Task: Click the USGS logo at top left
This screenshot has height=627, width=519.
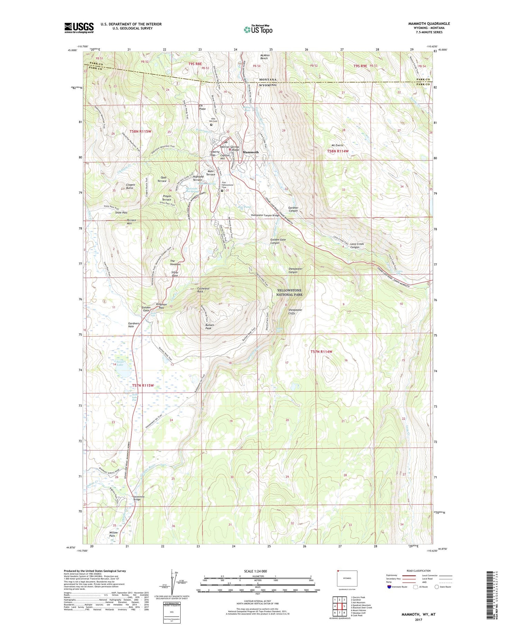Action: tap(79, 28)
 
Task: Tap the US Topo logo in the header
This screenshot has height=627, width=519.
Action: tap(258, 30)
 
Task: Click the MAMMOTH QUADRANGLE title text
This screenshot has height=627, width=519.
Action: tap(429, 24)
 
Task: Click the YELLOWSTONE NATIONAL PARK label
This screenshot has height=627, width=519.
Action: tap(289, 293)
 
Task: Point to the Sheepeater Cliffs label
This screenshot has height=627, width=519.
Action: tap(295, 312)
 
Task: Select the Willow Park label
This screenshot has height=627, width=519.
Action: tap(113, 534)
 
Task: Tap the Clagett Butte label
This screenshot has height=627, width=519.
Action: tap(128, 186)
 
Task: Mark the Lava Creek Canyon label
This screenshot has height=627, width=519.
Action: tap(357, 246)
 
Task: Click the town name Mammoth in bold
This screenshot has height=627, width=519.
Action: tap(251, 152)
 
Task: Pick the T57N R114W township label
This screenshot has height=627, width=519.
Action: tap(321, 352)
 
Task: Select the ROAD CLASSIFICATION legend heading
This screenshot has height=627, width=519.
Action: tap(419, 571)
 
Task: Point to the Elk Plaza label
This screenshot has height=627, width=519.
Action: tap(202, 107)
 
